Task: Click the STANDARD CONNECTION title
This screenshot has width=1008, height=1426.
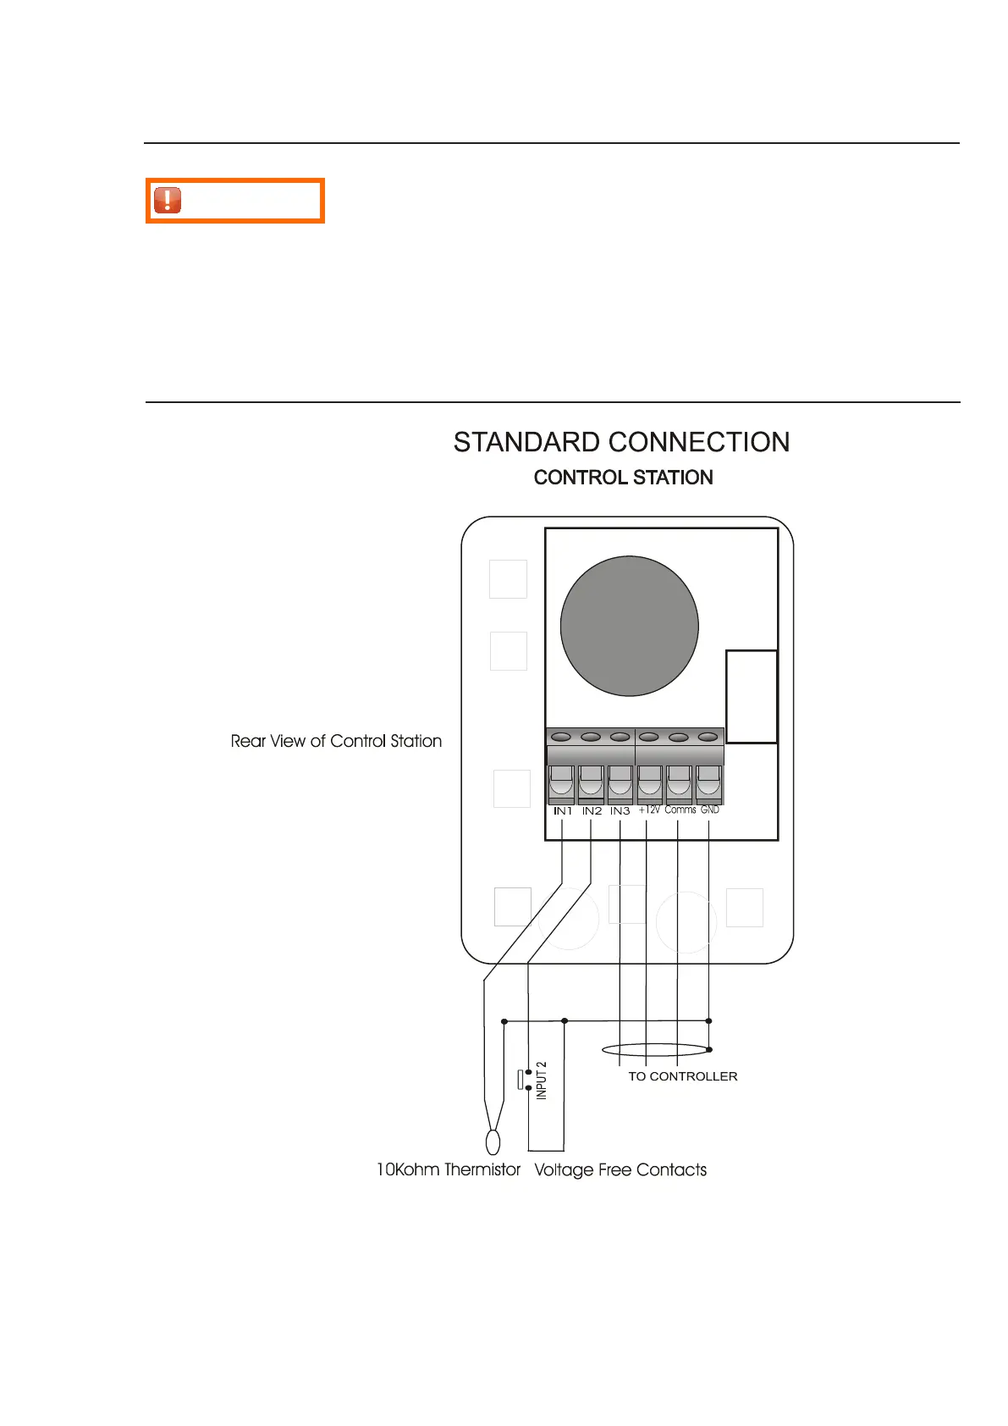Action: pyautogui.click(x=621, y=442)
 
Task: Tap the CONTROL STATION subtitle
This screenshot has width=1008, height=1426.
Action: pyautogui.click(x=623, y=478)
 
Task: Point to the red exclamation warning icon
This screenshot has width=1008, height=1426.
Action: pyautogui.click(x=168, y=200)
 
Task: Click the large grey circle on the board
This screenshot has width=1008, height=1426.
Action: pyautogui.click(x=629, y=626)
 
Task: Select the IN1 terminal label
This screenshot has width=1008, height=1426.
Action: pyautogui.click(x=563, y=811)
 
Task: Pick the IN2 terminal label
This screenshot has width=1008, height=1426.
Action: pyautogui.click(x=592, y=811)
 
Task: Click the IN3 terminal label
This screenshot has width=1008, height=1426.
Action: pyautogui.click(x=620, y=811)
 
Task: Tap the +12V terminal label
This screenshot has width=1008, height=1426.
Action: pyautogui.click(x=649, y=810)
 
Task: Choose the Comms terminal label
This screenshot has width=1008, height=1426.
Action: pyautogui.click(x=680, y=810)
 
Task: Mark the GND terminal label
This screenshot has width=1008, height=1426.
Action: pyautogui.click(x=709, y=810)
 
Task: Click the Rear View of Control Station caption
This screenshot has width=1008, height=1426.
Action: pyautogui.click(x=336, y=741)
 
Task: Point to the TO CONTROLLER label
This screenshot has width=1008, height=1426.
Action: pyautogui.click(x=682, y=1076)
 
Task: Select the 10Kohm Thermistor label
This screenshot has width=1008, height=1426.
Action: pyautogui.click(x=448, y=1169)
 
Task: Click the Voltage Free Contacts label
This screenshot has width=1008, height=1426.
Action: pyautogui.click(x=620, y=1169)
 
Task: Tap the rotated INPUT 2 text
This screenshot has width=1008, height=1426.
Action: pyautogui.click(x=542, y=1081)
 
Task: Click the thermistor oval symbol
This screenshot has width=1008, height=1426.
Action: pyautogui.click(x=493, y=1142)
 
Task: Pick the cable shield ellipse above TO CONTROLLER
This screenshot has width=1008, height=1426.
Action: pyautogui.click(x=656, y=1050)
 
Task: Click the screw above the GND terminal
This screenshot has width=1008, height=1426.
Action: pyautogui.click(x=708, y=738)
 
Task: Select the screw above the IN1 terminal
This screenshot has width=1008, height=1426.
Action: pyautogui.click(x=562, y=738)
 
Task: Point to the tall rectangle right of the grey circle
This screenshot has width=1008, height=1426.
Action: pyautogui.click(x=752, y=696)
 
